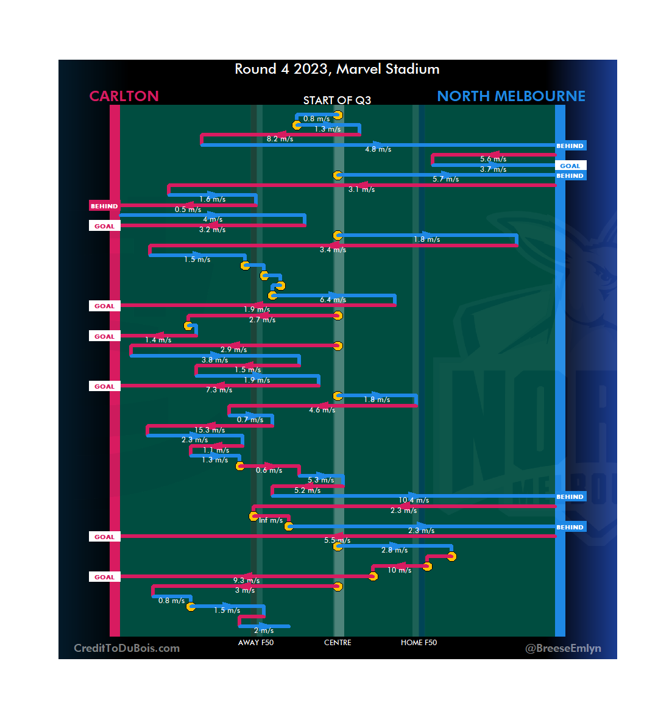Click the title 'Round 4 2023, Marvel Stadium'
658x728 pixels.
tap(337, 69)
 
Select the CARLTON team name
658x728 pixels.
tap(124, 96)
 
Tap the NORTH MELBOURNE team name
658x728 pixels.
tap(511, 96)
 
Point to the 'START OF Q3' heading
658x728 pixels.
tap(337, 101)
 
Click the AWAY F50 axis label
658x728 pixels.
tap(256, 643)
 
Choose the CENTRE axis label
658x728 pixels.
tap(338, 643)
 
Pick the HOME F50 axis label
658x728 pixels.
tap(419, 643)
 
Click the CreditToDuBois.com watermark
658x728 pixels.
tap(127, 648)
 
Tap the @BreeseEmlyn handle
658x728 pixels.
tap(563, 648)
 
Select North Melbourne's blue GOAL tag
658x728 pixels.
tap(570, 166)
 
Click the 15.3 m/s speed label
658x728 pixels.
tap(210, 430)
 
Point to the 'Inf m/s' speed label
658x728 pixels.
tap(271, 520)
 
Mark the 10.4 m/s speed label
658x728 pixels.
tap(414, 500)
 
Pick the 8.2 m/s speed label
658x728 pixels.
tap(280, 139)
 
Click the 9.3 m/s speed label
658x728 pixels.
tap(246, 581)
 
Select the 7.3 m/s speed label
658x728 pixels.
tap(219, 390)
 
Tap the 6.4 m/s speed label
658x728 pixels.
tap(333, 300)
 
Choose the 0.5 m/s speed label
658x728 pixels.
tap(188, 210)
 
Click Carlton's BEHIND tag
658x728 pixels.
tap(104, 206)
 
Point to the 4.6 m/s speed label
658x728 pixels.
tap(322, 410)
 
